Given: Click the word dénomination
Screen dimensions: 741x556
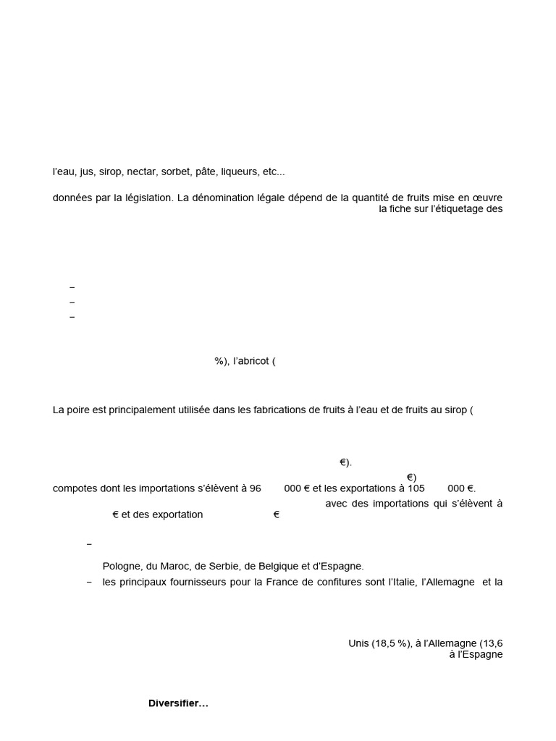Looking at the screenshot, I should (222, 198).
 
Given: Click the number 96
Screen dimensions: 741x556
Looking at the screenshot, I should (255, 488).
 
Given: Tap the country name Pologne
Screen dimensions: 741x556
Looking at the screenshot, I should (122, 566).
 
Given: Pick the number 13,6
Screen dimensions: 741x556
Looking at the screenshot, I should (492, 643).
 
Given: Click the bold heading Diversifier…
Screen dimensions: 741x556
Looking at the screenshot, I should (178, 703).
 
